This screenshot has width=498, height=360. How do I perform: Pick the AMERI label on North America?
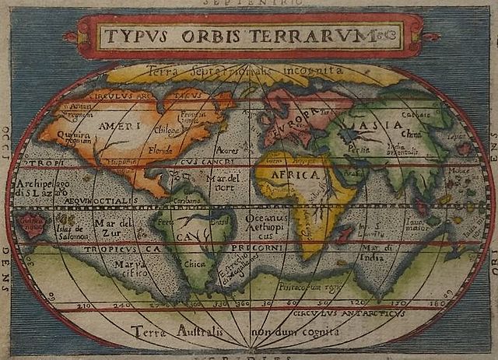116,125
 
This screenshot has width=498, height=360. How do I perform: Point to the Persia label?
359,145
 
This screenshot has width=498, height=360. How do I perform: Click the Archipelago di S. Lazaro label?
42,187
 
